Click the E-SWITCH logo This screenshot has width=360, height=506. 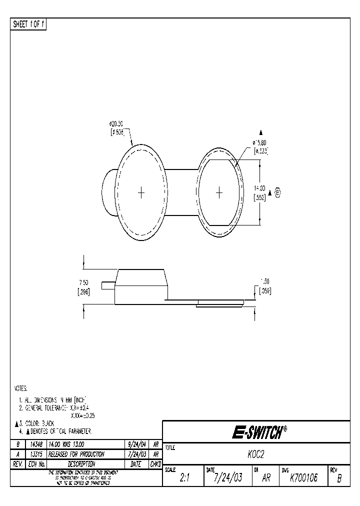(259, 432)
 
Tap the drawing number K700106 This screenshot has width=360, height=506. (303, 478)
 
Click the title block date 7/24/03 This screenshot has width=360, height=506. (227, 478)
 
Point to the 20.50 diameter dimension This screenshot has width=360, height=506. (116, 123)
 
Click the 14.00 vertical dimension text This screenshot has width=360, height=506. (259, 188)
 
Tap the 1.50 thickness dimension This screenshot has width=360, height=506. (265, 281)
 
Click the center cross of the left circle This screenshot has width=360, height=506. (141, 192)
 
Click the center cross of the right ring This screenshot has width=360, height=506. (218, 192)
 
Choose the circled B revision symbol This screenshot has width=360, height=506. (278, 192)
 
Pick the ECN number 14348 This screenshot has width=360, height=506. (36, 444)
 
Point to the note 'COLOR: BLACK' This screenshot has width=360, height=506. (39, 423)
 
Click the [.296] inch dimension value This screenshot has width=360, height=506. (83, 293)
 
